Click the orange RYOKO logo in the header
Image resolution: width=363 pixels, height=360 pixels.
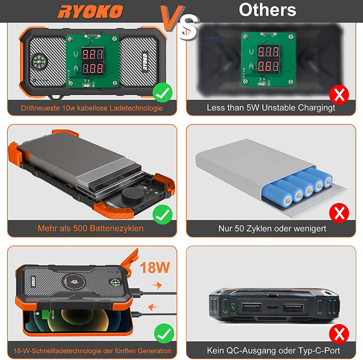point(90,12)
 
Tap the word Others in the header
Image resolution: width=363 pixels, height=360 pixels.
point(267,10)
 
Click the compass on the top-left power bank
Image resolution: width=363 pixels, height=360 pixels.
point(39,62)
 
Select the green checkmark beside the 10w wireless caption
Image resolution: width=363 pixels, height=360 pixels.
point(162,93)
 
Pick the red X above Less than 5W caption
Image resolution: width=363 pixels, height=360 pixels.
point(339,95)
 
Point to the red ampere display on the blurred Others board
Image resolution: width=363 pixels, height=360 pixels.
point(268,66)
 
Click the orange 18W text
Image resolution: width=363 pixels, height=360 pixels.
point(155,267)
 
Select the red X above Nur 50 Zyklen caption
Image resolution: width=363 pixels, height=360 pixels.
point(339,213)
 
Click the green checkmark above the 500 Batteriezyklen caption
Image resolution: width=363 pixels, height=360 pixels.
point(162,214)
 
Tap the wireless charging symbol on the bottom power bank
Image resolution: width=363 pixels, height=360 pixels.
point(74,282)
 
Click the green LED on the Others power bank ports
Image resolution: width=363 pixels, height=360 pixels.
point(233,308)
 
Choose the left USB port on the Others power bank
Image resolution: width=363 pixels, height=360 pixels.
point(251,307)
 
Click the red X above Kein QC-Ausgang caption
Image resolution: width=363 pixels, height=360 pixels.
point(339,334)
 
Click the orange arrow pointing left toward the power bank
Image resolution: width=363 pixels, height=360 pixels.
point(153,307)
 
